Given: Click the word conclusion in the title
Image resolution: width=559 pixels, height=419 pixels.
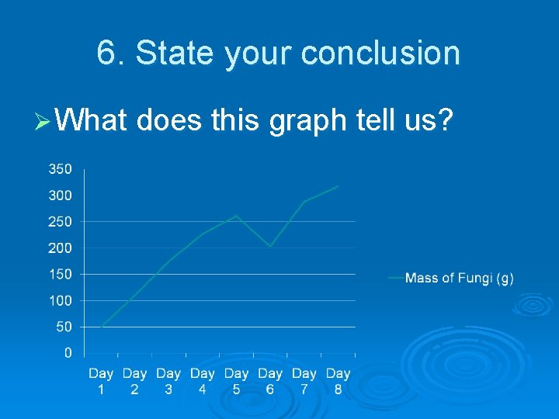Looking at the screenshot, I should [380, 54].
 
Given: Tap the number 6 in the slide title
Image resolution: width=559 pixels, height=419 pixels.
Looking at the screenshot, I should [106, 54].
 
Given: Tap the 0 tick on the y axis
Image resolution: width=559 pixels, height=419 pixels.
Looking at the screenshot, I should [68, 353].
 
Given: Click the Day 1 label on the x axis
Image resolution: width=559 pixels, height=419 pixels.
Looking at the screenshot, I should [101, 381].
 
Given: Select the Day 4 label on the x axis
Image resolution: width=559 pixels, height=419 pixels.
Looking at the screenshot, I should [203, 381].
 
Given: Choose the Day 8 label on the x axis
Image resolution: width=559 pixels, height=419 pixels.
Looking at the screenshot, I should [338, 381].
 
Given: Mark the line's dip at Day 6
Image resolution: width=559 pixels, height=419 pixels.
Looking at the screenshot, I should [270, 247].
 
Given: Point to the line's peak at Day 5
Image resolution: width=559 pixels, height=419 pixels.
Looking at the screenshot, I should [236, 216].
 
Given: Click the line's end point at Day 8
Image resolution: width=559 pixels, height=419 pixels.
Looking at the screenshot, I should [338, 185].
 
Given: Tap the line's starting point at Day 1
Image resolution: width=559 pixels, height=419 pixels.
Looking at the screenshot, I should [102, 327].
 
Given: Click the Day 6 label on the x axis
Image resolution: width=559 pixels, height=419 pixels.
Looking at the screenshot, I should [270, 381].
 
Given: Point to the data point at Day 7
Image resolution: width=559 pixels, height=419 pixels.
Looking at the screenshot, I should [304, 201].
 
